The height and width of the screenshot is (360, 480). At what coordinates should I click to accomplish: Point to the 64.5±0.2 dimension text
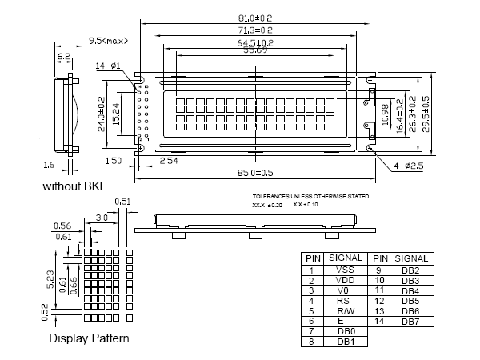point(255,42)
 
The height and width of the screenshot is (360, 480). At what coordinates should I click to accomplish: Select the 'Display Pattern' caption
point(89,338)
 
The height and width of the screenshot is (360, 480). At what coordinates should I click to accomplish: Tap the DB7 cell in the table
point(410,320)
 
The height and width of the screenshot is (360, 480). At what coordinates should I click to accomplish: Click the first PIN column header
point(310,258)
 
